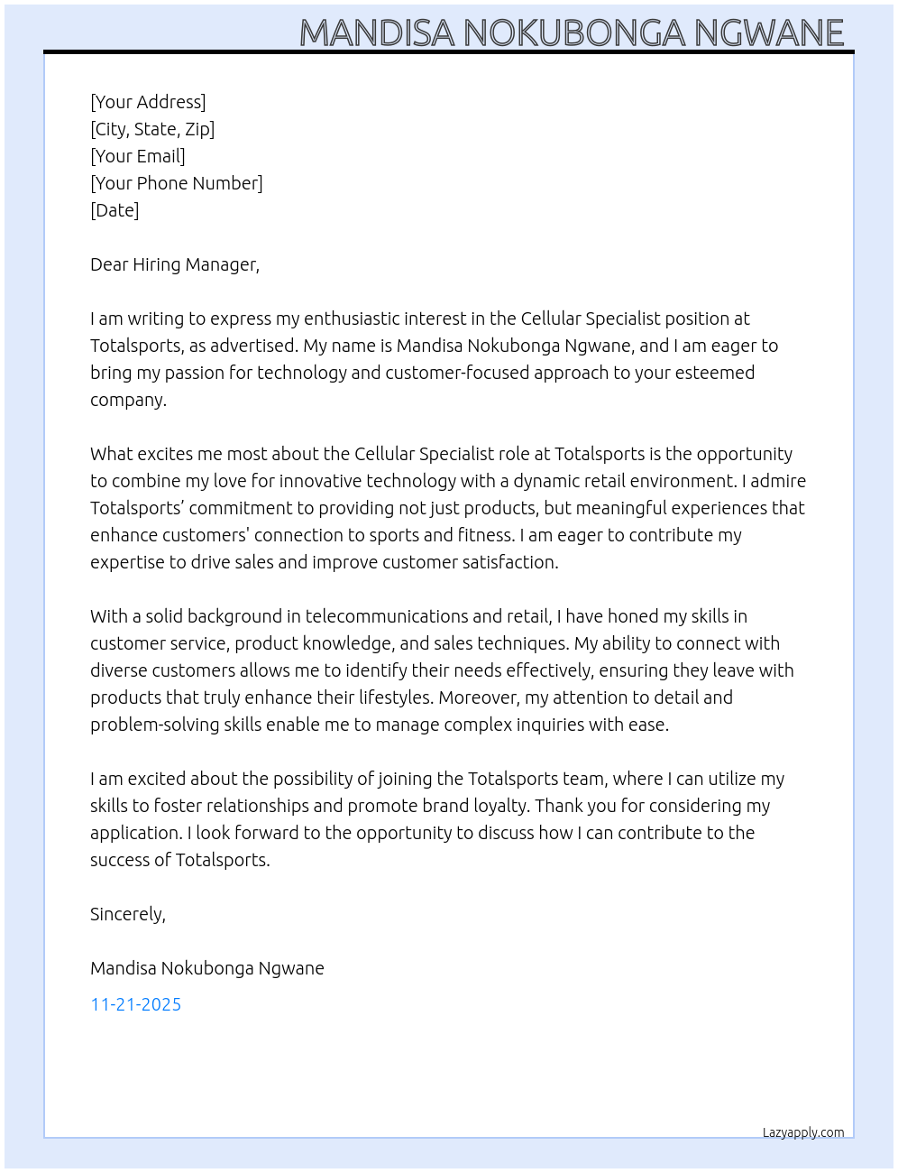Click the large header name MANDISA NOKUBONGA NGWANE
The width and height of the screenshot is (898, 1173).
click(572, 32)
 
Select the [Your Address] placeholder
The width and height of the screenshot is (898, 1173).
click(148, 102)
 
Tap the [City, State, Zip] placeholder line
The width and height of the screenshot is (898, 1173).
click(152, 129)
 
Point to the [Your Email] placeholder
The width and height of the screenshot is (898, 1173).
click(138, 156)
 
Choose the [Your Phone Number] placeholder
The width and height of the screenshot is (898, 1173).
click(177, 183)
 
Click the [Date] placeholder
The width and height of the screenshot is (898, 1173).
click(115, 210)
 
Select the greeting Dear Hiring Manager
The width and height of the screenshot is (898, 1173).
click(174, 264)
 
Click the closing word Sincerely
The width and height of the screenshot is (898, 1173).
click(127, 914)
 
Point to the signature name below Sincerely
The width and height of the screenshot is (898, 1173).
click(207, 968)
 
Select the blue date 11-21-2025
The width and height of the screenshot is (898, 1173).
click(136, 1004)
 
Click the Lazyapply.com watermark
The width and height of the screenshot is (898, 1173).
click(803, 1132)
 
